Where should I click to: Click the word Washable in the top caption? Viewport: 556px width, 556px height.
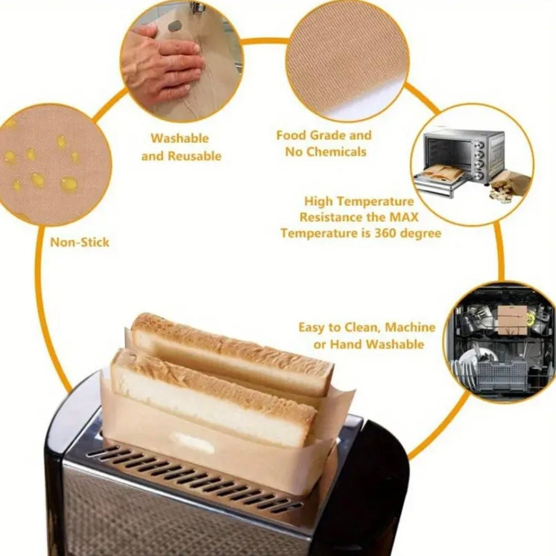pos(180,138)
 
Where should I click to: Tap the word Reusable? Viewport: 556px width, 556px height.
pos(195,156)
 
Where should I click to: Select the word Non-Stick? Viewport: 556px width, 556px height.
pos(80,243)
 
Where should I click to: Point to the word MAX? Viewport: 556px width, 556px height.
pos(404,217)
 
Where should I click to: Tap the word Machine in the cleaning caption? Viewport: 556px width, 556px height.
pos(410,327)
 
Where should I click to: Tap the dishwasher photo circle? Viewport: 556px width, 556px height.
pos(500,342)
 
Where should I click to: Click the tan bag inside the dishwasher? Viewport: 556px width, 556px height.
pos(512,320)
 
